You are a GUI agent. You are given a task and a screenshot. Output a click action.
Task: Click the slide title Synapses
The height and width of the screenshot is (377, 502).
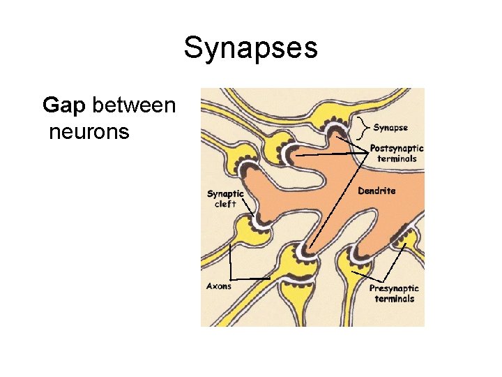coord(250,48)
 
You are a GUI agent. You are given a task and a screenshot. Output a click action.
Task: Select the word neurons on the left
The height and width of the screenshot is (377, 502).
coord(89,131)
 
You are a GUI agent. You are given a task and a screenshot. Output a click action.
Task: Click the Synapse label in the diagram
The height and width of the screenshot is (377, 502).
coord(390,128)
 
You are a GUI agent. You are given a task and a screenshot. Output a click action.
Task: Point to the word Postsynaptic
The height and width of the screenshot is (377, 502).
coord(397,148)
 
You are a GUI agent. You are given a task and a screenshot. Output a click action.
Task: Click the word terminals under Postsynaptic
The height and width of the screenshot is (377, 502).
coord(397,158)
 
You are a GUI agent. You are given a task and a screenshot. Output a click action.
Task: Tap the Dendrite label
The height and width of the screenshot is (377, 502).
coord(376,191)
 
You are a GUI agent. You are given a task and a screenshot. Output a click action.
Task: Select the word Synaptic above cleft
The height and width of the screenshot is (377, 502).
coord(225,193)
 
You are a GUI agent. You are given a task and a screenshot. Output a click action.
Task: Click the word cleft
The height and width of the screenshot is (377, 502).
coord(225,204)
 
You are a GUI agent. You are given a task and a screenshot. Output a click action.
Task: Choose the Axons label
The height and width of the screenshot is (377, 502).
coord(219,286)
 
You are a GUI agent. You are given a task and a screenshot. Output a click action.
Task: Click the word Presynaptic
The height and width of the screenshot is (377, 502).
coord(394,288)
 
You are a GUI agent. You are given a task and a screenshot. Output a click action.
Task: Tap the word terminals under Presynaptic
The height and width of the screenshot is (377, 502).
coord(394,299)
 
